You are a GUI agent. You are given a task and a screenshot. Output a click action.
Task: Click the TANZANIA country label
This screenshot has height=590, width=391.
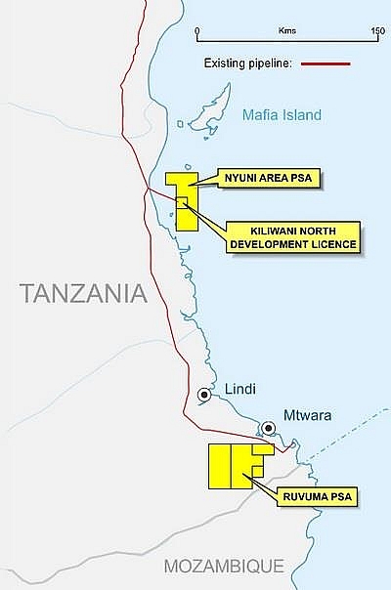click(83, 292)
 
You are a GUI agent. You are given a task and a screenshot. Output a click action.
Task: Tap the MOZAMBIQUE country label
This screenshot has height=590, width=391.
click(224, 566)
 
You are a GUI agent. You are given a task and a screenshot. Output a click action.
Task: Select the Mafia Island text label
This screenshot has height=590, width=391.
click(282, 115)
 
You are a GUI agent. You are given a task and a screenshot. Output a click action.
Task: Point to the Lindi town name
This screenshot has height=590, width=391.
click(239, 389)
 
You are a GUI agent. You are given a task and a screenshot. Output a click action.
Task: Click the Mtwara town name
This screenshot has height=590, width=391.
click(307, 414)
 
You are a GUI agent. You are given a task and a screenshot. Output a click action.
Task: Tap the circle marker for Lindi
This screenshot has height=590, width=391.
click(204, 395)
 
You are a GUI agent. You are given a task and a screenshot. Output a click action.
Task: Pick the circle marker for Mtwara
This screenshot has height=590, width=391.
click(267, 428)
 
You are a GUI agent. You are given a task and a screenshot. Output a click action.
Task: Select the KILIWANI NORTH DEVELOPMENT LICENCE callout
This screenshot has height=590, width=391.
click(292, 236)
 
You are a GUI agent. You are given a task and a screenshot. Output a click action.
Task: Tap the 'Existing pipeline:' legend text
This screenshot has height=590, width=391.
click(247, 63)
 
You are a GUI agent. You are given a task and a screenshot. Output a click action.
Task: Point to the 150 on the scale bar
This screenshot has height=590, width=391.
click(377, 31)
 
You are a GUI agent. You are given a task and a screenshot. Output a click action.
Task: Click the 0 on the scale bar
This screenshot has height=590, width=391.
click(198, 31)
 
